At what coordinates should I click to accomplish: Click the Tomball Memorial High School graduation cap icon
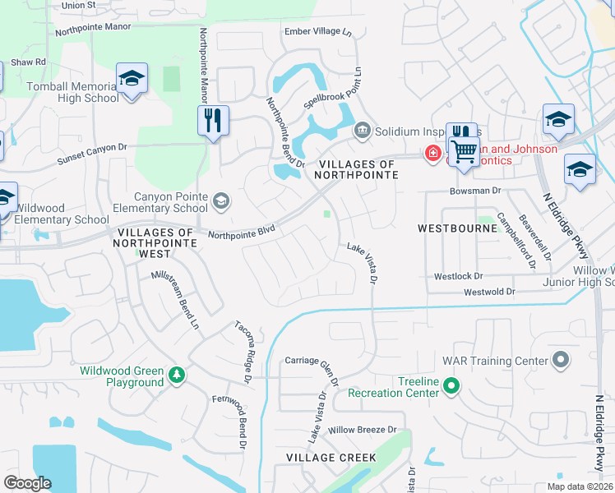click(131, 78)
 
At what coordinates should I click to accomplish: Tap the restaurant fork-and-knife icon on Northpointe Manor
click(213, 121)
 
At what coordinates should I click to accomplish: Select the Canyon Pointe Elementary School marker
click(220, 200)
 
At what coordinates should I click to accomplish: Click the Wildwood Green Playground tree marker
click(176, 376)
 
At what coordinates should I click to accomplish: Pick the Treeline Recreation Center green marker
click(451, 385)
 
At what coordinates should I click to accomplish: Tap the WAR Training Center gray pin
click(561, 360)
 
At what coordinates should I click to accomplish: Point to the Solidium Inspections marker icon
click(362, 131)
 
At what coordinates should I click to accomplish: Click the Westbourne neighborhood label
click(458, 228)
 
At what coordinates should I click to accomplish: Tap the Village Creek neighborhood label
click(331, 457)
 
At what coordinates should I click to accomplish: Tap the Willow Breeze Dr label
click(362, 430)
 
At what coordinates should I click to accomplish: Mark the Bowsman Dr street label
click(474, 191)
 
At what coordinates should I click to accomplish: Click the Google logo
click(27, 483)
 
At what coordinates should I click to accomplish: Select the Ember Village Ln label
click(317, 32)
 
